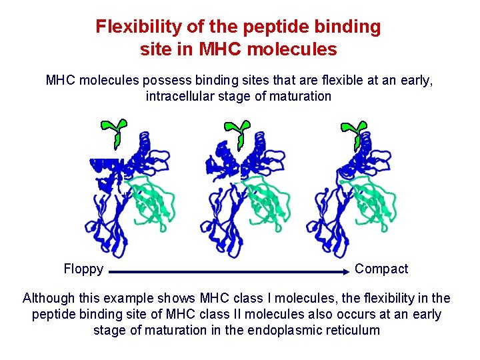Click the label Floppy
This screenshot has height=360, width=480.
pyautogui.click(x=83, y=269)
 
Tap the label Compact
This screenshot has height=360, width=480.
pyautogui.click(x=381, y=269)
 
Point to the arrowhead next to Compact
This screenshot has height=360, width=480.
pyautogui.click(x=346, y=272)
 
